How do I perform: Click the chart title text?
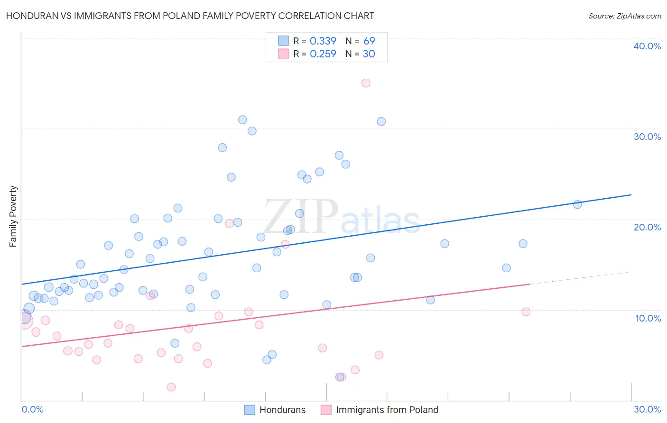tap(190, 16)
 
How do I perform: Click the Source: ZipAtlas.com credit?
tap(624, 16)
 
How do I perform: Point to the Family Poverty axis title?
tap(13, 216)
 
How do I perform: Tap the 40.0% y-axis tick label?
tap(647, 46)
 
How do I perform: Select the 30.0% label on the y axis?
tap(647, 137)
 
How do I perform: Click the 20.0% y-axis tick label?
tap(647, 227)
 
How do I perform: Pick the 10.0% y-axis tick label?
tap(648, 318)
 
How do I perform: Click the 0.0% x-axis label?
tap(32, 409)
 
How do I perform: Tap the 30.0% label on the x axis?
tap(647, 409)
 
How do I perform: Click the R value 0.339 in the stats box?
tap(323, 41)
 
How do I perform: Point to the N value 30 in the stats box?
tap(369, 54)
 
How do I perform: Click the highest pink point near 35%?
tap(366, 83)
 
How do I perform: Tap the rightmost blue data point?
tap(577, 205)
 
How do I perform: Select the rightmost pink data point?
tap(526, 312)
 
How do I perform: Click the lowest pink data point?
tap(171, 387)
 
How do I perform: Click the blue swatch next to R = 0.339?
tap(283, 41)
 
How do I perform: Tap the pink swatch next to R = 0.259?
tap(283, 54)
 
